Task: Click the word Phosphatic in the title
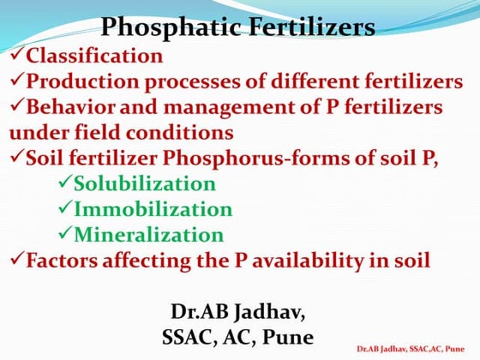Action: pyautogui.click(x=162, y=27)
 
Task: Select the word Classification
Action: pyautogui.click(x=94, y=57)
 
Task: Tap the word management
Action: pyautogui.click(x=213, y=108)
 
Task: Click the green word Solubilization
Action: pyautogui.click(x=144, y=183)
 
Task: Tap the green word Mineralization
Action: pyautogui.click(x=148, y=234)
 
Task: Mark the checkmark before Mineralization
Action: pyautogui.click(x=64, y=234)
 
